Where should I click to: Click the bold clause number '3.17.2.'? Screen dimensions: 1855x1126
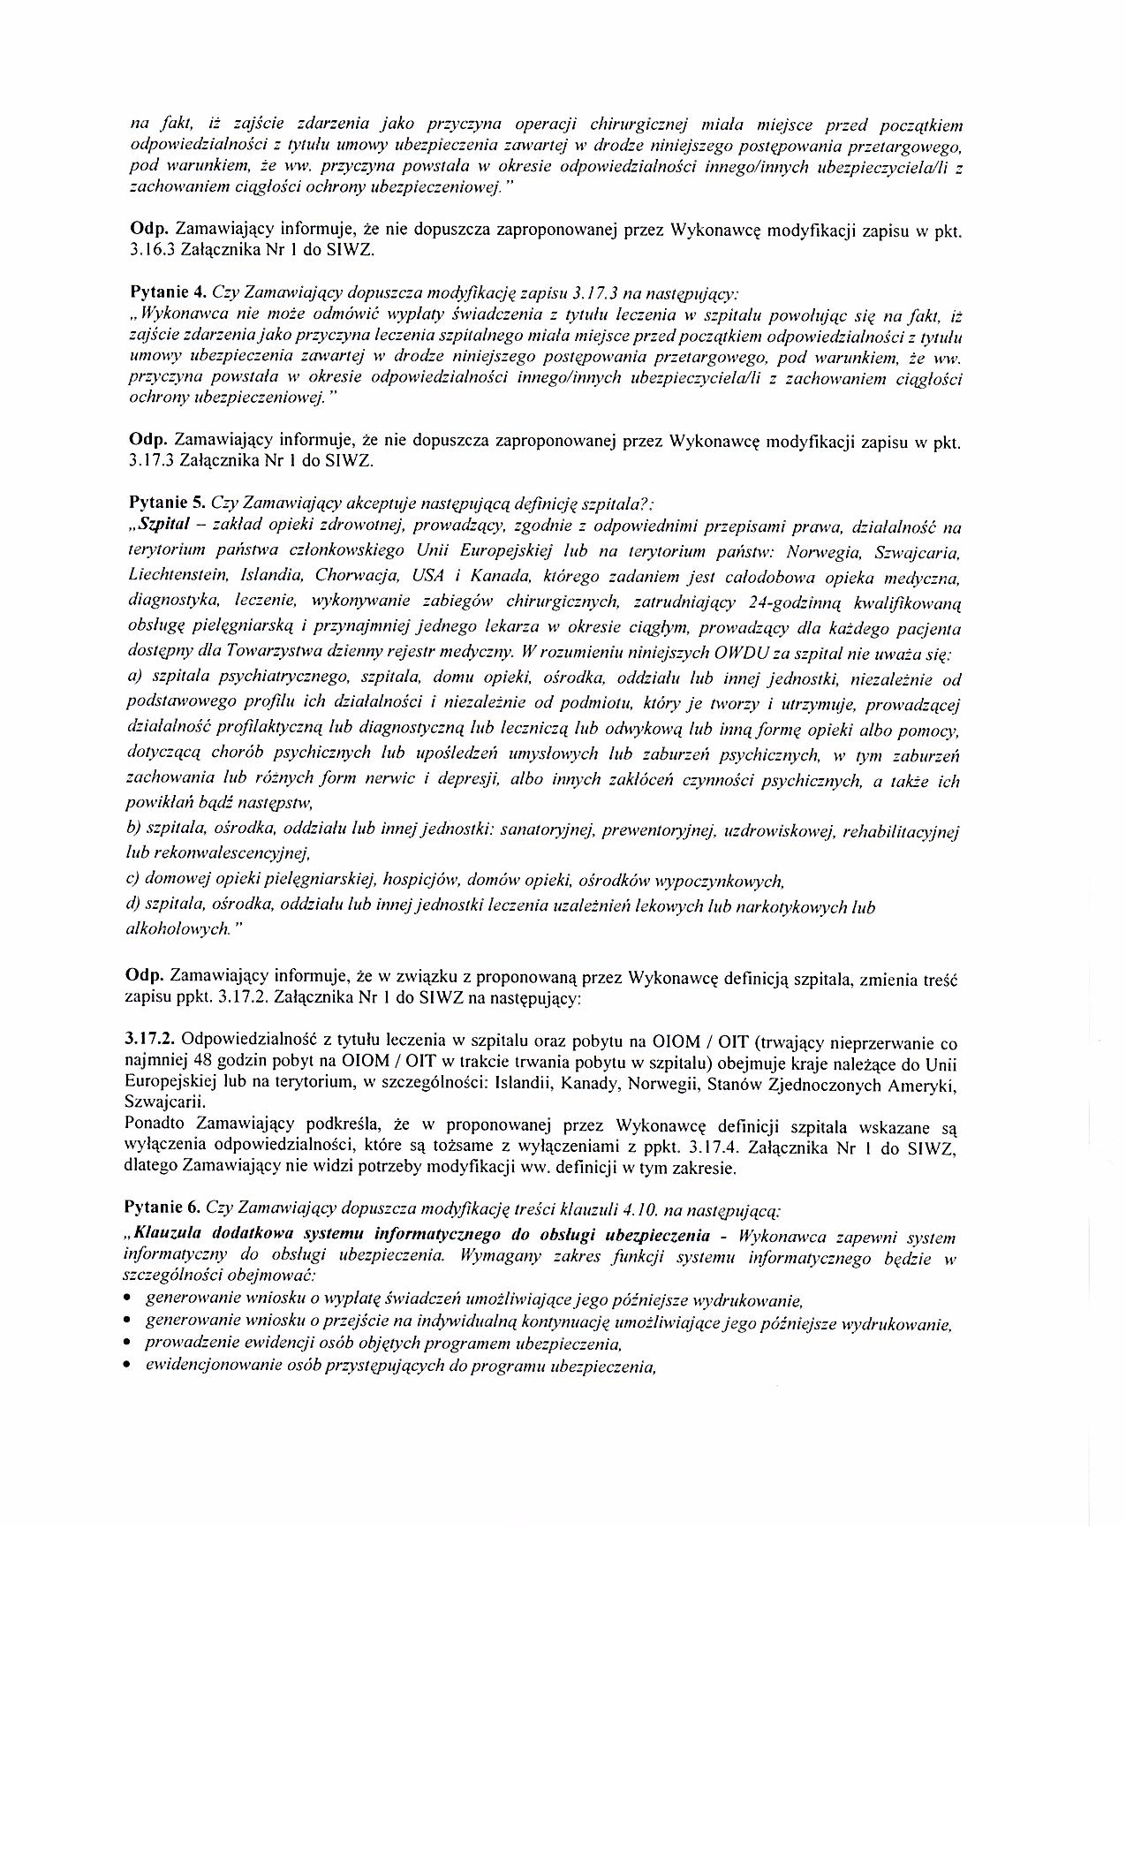(x=151, y=1043)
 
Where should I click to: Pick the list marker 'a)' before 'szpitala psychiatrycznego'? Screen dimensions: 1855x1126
(x=136, y=679)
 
